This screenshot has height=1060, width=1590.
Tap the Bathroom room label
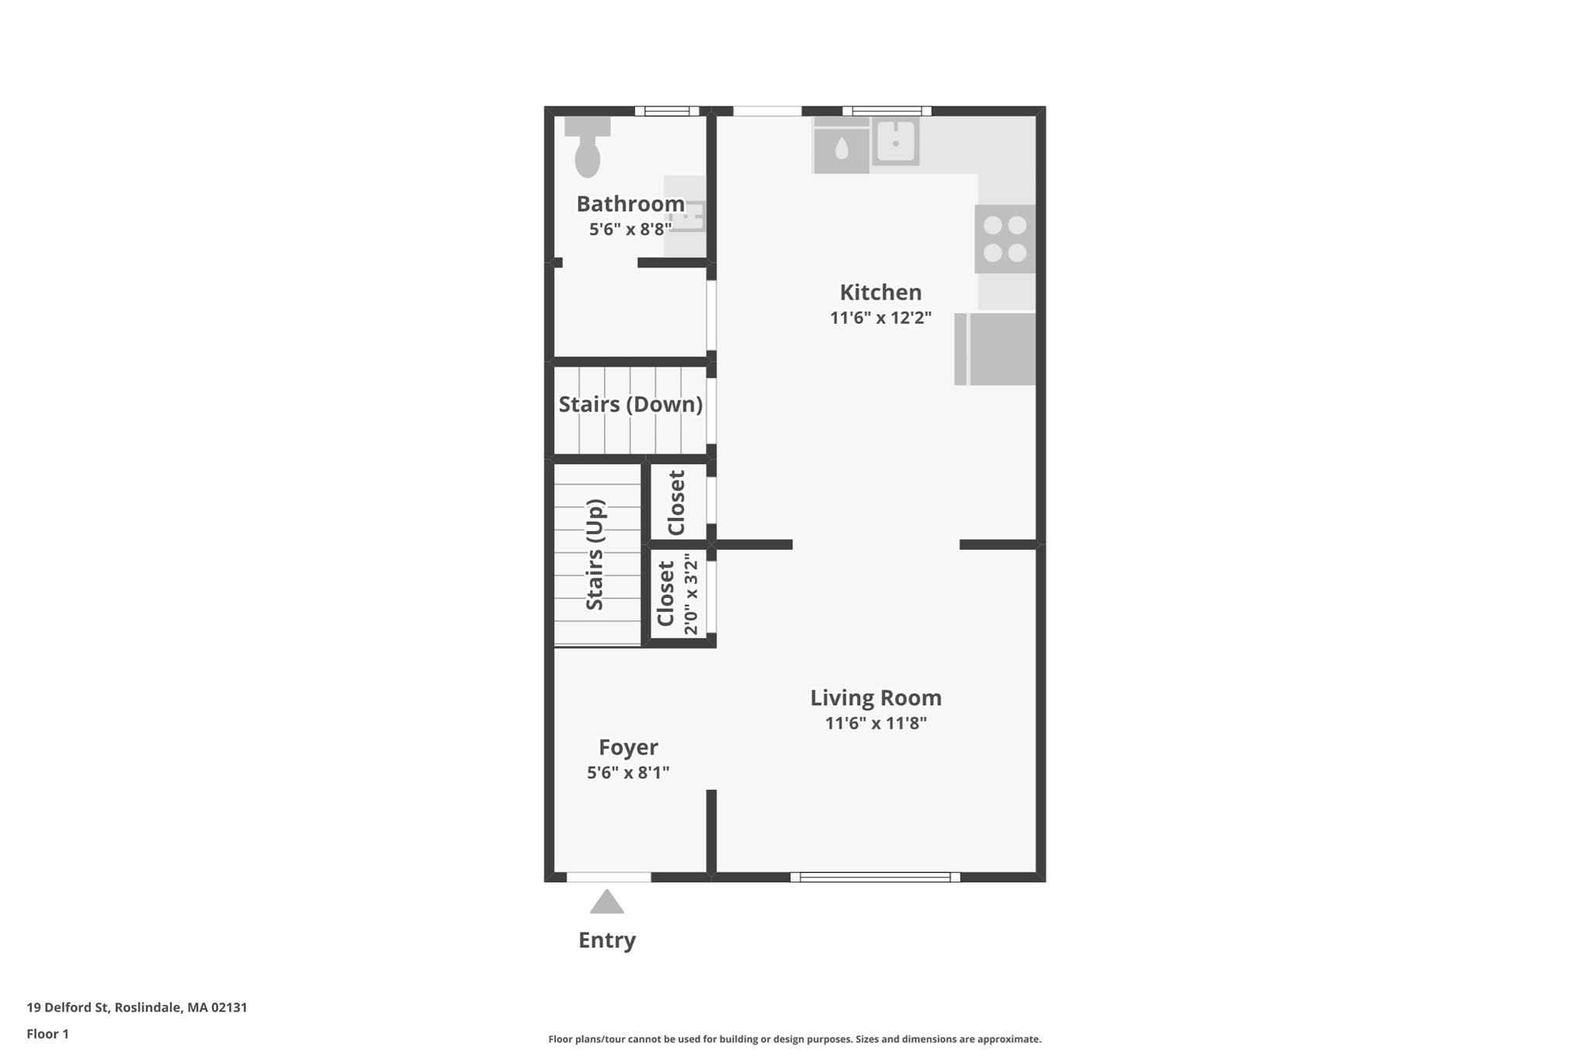click(630, 204)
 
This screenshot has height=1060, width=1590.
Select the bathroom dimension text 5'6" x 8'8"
click(630, 229)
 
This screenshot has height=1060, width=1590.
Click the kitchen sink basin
click(895, 142)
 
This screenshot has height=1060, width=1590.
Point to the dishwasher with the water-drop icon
click(841, 147)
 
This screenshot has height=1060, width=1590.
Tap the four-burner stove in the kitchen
click(1005, 239)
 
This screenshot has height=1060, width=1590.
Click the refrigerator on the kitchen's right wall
click(996, 349)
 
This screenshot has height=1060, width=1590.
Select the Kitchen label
click(880, 293)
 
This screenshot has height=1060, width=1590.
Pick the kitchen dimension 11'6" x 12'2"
click(880, 318)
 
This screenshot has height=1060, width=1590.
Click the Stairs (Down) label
click(630, 405)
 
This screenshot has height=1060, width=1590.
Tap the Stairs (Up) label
click(595, 554)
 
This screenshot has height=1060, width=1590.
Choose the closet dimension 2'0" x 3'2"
click(691, 594)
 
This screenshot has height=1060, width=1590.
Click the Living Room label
click(876, 698)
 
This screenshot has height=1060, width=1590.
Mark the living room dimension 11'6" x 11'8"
click(876, 724)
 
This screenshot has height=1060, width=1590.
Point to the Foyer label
click(628, 748)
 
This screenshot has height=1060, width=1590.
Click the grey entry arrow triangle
click(606, 903)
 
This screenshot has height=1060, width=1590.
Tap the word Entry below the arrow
click(607, 940)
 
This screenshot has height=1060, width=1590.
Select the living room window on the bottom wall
click(875, 878)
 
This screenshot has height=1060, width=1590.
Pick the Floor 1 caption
click(47, 1034)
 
